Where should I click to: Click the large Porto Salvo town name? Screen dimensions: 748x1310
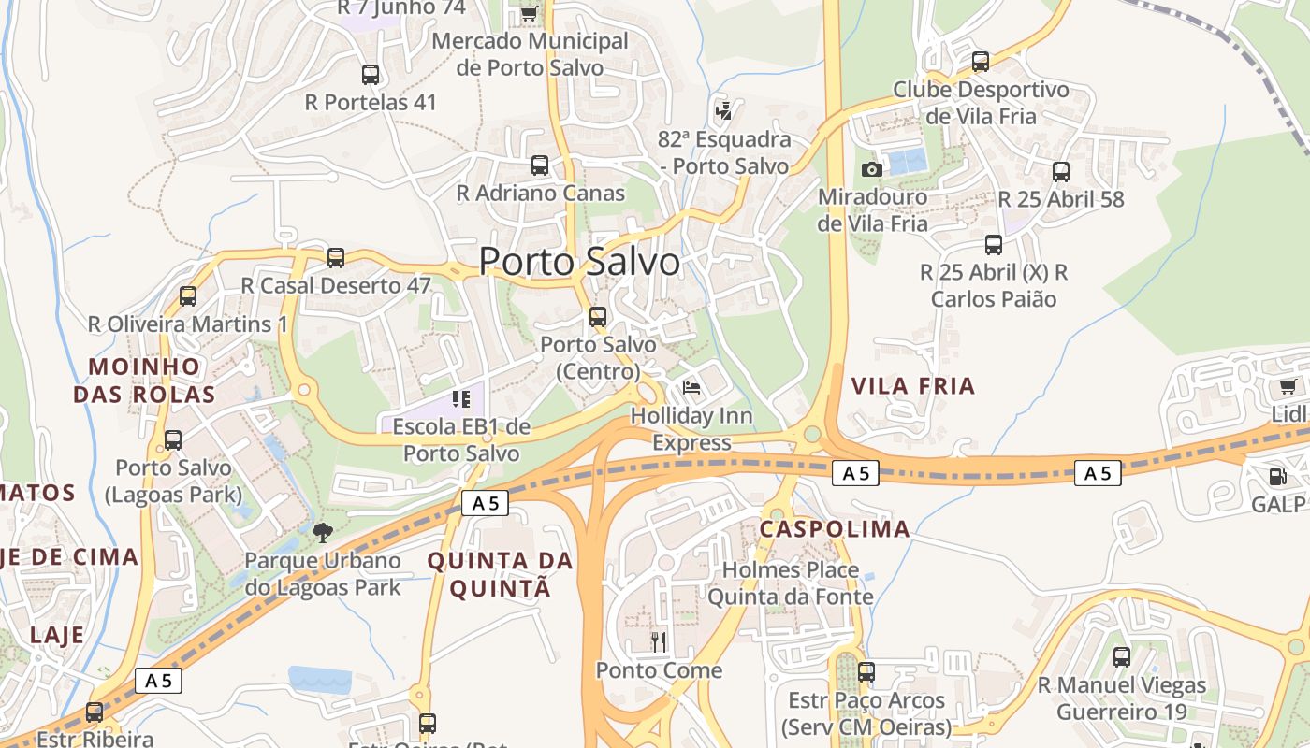579,262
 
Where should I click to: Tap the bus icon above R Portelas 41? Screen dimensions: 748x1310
371,75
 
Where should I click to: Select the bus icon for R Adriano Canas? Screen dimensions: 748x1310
540,165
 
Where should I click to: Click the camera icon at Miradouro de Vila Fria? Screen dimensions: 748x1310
871,169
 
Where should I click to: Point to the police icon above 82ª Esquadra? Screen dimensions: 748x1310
723,111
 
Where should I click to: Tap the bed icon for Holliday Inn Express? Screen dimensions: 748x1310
691,387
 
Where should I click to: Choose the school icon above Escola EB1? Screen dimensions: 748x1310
460,399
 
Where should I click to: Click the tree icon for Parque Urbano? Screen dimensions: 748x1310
323,533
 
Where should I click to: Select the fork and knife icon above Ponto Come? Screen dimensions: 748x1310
659,641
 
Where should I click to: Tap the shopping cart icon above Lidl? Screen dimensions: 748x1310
1288,387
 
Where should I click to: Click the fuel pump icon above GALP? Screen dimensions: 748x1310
1277,477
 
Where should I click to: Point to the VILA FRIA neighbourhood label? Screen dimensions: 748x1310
913,386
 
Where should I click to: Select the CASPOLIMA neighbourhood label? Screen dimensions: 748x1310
835,529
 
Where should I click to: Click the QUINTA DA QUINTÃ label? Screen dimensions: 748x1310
500,574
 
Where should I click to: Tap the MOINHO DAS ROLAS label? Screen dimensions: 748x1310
144,380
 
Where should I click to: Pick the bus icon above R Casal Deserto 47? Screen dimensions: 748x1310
336,257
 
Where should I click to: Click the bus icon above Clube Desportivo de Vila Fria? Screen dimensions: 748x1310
981,62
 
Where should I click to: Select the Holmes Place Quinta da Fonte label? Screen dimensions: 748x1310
791,583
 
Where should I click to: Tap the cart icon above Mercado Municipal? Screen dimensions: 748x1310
529,13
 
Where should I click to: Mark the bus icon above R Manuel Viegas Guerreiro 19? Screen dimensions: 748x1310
1122,657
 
